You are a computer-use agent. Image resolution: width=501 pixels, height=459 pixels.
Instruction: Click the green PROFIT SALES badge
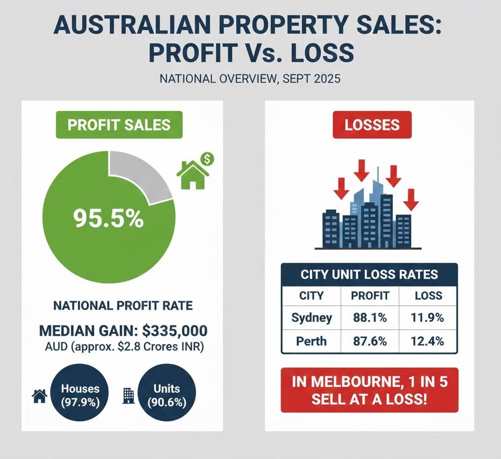119,124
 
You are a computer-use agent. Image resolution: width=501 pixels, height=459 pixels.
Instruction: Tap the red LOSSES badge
372,124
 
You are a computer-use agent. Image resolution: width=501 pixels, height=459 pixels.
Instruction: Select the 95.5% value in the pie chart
108,218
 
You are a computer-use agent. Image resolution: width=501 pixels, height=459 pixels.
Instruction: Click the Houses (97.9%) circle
80,395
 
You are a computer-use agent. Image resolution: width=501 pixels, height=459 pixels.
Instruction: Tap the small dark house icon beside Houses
39,396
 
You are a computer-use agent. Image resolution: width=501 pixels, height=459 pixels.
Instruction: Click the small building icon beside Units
128,395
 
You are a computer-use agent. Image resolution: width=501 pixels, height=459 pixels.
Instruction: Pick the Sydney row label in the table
312,318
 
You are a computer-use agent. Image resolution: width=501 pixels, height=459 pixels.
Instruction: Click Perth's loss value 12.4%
427,341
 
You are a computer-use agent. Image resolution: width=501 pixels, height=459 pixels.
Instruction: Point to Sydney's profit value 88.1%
370,318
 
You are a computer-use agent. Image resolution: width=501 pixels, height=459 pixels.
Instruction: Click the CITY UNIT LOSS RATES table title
369,275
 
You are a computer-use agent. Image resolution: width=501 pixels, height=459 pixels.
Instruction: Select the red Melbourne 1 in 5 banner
369,389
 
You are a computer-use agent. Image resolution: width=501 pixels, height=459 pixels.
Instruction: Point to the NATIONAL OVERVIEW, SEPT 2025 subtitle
250,78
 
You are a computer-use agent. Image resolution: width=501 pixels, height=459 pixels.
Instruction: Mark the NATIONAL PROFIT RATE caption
123,306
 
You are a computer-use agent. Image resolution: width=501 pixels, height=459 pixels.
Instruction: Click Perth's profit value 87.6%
370,341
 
